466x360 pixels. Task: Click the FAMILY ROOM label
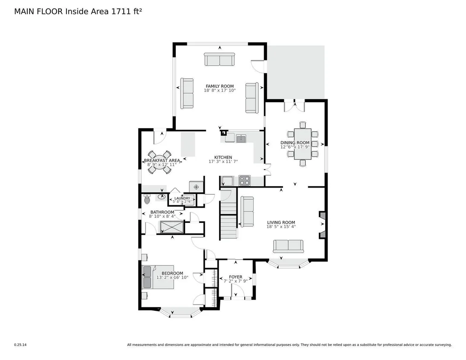pyautogui.click(x=220, y=86)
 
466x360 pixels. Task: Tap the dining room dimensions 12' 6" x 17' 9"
pyautogui.click(x=295, y=147)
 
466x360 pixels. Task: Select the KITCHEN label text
pyautogui.click(x=223, y=158)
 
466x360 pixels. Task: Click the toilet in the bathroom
pyautogui.click(x=147, y=199)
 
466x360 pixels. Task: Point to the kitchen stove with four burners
pyautogui.click(x=244, y=180)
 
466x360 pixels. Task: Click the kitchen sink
pyautogui.click(x=241, y=138)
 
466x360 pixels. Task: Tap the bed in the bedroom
pyautogui.click(x=158, y=277)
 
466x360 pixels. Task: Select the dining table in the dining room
pyautogui.click(x=302, y=144)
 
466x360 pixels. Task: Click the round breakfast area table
pyautogui.click(x=159, y=162)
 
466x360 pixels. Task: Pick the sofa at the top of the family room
pyautogui.click(x=220, y=59)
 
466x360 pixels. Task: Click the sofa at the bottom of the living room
pyautogui.click(x=288, y=246)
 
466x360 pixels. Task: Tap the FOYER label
pyautogui.click(x=236, y=277)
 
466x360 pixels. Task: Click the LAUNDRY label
pyautogui.click(x=182, y=198)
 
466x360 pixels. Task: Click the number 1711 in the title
pyautogui.click(x=121, y=11)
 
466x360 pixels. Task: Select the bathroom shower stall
pyautogui.click(x=172, y=227)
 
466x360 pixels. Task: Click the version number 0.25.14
pyautogui.click(x=20, y=345)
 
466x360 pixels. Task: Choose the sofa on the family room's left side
pyautogui.click(x=187, y=93)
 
